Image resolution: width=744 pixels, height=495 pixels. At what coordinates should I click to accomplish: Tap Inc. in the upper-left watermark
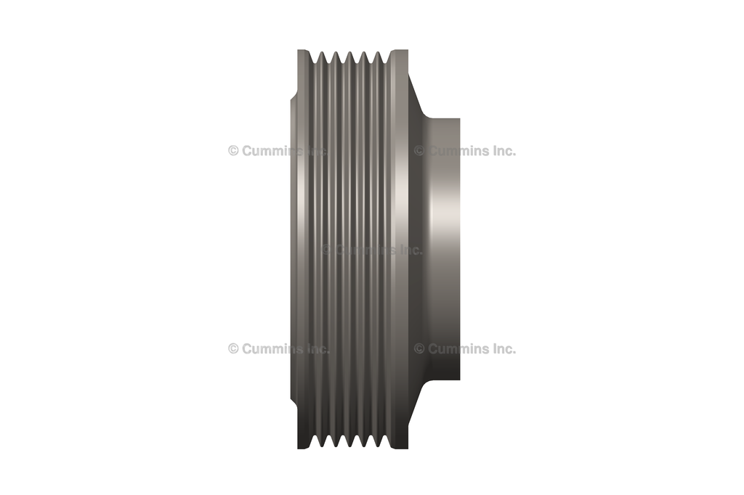tap(318, 151)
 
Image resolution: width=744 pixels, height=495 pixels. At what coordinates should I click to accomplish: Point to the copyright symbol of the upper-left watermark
tap(233, 151)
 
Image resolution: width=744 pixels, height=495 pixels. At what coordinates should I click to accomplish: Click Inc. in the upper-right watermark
tap(504, 151)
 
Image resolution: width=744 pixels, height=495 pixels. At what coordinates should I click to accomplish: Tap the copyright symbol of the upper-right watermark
tap(419, 151)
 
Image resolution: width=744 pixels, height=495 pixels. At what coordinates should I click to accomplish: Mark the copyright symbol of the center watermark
tap(326, 250)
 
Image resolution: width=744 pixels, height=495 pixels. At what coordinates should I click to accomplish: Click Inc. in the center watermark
tap(411, 250)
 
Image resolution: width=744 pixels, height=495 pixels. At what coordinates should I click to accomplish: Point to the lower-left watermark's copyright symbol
tap(233, 348)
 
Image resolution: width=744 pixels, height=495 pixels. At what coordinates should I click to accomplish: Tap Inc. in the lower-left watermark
tap(318, 348)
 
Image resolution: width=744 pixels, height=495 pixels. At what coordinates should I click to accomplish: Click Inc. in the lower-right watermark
tap(504, 348)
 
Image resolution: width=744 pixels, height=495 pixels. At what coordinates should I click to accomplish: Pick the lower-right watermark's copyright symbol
tap(419, 348)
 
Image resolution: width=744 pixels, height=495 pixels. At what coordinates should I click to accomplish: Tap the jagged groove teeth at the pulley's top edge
tap(352, 55)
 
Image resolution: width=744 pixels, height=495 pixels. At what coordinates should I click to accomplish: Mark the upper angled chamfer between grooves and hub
tap(416, 94)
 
